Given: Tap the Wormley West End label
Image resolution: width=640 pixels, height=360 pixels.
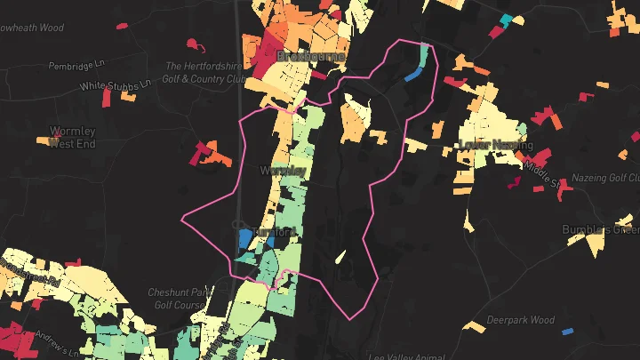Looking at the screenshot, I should [72, 137].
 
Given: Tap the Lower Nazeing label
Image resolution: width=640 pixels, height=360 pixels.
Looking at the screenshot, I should [496, 145].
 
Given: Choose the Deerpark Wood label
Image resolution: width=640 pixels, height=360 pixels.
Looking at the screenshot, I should [520, 320].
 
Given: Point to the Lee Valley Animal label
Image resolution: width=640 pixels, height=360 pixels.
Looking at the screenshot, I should [406, 355].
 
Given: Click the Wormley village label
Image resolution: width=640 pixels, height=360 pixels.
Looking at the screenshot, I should [283, 170].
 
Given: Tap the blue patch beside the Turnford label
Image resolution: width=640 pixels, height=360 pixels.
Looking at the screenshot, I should [244, 238].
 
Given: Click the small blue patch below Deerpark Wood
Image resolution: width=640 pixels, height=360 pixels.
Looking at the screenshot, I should [567, 332].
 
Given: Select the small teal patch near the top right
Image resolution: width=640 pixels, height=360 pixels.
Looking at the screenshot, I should [506, 20].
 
